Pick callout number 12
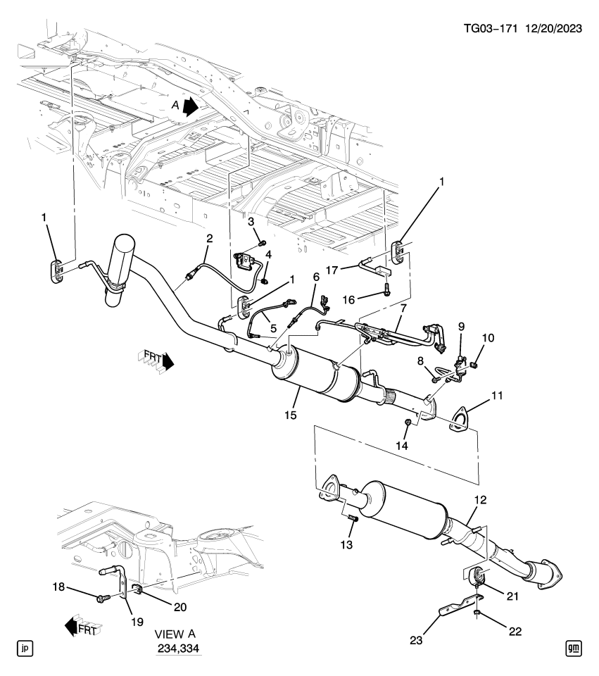(481, 499)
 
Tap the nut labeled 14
(408, 422)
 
